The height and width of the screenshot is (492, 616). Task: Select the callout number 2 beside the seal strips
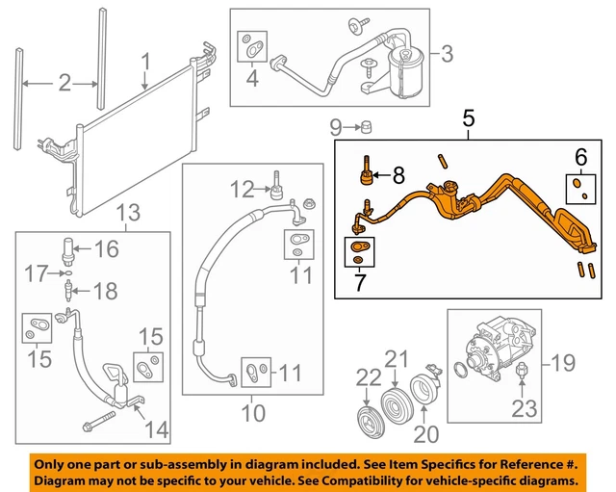click(x=64, y=84)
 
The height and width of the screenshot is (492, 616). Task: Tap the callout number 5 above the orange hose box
click(x=469, y=119)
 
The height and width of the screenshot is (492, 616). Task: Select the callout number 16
click(x=106, y=250)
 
